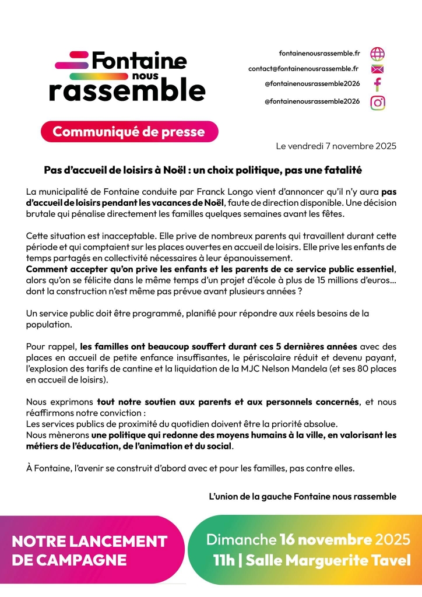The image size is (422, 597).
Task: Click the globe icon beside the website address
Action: coord(378,53)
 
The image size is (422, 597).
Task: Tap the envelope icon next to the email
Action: coord(378,69)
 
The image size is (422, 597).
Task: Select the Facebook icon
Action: coord(378,84)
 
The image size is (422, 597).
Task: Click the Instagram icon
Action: coord(378,102)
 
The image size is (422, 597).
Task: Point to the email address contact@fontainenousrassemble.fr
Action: coord(304,69)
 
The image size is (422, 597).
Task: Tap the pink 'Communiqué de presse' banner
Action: coord(129,132)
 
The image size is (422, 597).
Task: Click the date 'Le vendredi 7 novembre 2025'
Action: coord(336,146)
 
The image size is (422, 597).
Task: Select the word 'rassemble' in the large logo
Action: coord(127,90)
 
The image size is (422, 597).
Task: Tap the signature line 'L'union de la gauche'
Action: coord(303,497)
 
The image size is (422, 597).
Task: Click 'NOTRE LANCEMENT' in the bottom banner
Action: coord(89,540)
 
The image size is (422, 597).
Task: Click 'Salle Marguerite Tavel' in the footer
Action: coord(328,561)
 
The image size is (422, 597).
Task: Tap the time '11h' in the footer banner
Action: coord(224,561)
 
